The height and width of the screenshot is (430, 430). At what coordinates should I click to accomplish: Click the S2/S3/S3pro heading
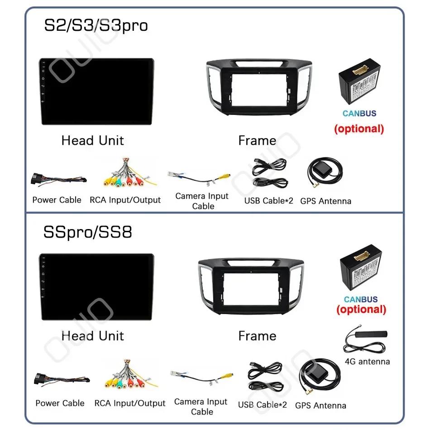pos(96,26)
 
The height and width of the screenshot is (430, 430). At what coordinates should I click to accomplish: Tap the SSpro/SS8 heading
pos(88,232)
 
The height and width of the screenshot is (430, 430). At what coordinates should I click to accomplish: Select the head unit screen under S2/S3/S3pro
pos(96,91)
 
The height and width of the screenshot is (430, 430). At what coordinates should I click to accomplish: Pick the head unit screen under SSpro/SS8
pos(96,287)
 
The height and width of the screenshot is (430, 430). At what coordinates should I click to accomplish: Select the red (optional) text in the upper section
pos(359,129)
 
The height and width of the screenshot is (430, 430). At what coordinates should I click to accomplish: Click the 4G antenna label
pos(368,362)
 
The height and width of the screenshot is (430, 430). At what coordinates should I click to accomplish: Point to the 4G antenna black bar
pos(371,334)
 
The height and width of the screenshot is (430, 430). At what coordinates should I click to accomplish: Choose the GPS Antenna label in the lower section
pos(320,405)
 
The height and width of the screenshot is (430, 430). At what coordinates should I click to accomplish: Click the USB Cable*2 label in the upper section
pos(269,201)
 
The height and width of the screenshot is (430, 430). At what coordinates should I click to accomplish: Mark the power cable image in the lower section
pos(62,380)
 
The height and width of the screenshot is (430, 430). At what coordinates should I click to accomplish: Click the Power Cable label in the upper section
pos(57,200)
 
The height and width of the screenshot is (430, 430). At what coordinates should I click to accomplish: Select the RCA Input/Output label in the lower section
pos(130,403)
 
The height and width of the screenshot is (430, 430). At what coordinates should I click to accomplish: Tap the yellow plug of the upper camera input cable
pos(225,176)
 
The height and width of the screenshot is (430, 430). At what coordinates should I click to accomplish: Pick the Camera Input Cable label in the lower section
pos(201,407)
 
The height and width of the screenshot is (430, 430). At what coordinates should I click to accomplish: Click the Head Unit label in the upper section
pos(93,140)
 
